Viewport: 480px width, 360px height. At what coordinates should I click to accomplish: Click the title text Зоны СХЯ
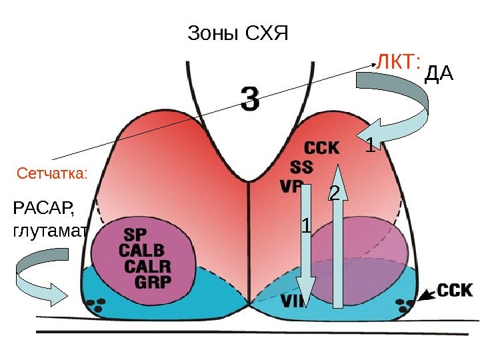pyautogui.click(x=237, y=33)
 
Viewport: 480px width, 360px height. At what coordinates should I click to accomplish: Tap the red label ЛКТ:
pyautogui.click(x=398, y=63)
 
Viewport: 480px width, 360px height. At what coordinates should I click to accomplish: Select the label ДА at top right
pyautogui.click(x=438, y=74)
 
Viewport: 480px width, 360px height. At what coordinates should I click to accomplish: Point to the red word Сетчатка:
pyautogui.click(x=52, y=174)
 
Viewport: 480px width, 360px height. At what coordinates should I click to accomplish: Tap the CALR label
pyautogui.click(x=147, y=266)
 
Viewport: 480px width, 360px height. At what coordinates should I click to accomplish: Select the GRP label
pyautogui.click(x=153, y=281)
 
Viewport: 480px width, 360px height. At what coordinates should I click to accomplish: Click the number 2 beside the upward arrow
pyautogui.click(x=335, y=193)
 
